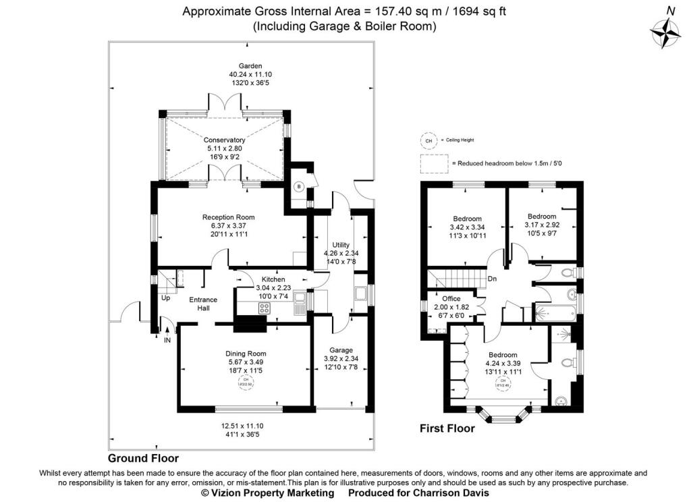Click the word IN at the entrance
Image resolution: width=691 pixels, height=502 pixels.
[167, 339]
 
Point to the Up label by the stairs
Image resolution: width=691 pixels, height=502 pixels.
[165, 297]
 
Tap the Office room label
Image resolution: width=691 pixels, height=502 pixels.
[451, 298]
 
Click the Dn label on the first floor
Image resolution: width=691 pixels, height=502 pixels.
[493, 278]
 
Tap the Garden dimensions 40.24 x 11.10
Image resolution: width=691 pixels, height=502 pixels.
[245, 74]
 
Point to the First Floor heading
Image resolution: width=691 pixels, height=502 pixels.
[447, 428]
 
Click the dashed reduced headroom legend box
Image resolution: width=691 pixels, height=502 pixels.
[435, 163]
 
